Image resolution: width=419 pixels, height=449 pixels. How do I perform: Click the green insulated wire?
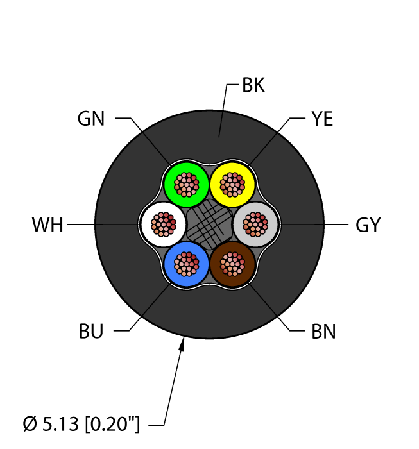click(173, 184)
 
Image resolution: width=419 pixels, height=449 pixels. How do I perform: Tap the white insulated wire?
click(149, 224)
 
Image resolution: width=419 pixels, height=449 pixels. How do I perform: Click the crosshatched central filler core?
click(209, 224)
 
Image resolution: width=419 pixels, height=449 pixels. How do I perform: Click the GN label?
click(90, 119)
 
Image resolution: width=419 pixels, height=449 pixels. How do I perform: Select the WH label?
click(47, 225)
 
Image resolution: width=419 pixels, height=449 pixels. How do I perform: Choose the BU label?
click(90, 332)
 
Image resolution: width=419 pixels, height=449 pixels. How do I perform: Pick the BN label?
click(323, 332)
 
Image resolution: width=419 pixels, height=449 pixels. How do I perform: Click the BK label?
click(253, 85)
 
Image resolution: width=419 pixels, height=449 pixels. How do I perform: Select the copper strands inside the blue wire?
click(186, 264)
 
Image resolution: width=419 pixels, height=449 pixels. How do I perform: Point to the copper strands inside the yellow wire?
click(232, 185)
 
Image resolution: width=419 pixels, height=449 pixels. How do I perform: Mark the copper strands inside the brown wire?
click(232, 264)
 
